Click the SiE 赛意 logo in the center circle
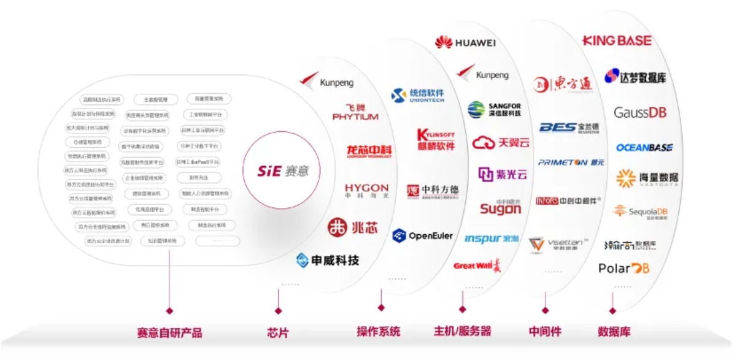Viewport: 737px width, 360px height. click(x=284, y=169)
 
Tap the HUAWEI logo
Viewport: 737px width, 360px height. click(x=465, y=42)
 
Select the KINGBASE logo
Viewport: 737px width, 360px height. click(x=617, y=40)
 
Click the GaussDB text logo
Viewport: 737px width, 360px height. click(x=639, y=113)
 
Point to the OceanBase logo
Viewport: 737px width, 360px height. click(x=644, y=148)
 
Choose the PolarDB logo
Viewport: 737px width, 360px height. click(x=623, y=269)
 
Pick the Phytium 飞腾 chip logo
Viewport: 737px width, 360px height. click(x=355, y=112)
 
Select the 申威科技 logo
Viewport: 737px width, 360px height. click(x=328, y=260)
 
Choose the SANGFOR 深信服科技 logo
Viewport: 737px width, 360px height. click(x=494, y=109)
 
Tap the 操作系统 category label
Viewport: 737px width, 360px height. click(x=379, y=332)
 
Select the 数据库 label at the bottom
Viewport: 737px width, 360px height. click(x=614, y=332)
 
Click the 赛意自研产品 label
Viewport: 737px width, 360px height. click(x=169, y=334)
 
